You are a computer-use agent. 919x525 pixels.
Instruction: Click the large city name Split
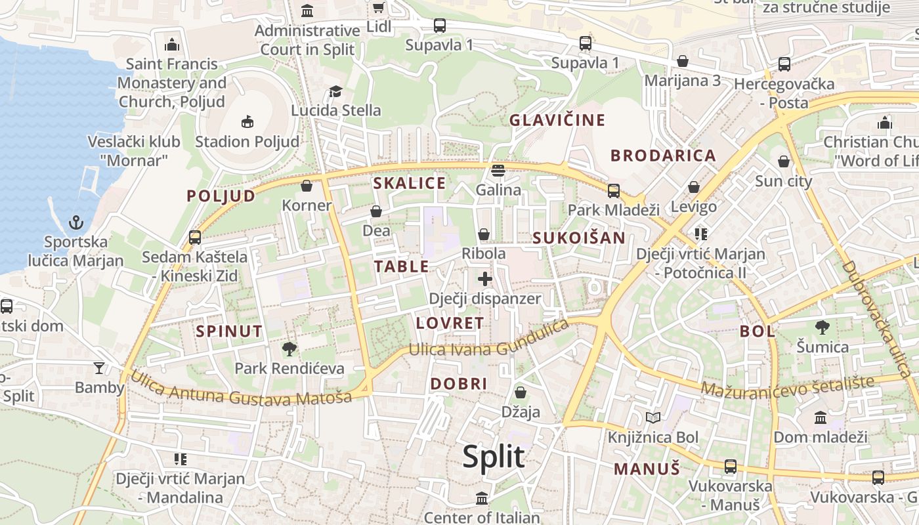[494, 457]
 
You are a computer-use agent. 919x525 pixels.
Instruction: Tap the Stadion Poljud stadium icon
[247, 121]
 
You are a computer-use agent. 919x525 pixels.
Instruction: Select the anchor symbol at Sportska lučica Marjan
[76, 222]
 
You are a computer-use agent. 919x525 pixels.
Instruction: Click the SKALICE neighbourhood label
[410, 184]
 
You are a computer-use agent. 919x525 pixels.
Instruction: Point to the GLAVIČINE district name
[557, 120]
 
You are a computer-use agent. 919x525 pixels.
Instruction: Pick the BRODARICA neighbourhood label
[663, 156]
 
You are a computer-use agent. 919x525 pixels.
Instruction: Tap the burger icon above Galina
[498, 171]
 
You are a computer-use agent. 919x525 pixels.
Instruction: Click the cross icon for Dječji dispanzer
[485, 279]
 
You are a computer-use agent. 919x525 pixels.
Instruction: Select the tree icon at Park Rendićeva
[289, 348]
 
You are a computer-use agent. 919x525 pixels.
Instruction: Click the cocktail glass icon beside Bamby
[99, 368]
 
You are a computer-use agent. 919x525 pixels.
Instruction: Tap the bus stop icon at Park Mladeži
[614, 190]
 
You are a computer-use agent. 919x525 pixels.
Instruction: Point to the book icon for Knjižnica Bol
[652, 417]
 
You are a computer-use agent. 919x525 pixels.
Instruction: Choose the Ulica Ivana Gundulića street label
[488, 341]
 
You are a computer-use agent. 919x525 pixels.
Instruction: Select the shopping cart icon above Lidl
[378, 8]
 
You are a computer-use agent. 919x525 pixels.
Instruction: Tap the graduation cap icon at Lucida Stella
[335, 91]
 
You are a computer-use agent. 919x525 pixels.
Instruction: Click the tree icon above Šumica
[822, 327]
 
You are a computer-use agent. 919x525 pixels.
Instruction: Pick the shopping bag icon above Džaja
[521, 392]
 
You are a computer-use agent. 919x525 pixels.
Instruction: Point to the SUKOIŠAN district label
[579, 238]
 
